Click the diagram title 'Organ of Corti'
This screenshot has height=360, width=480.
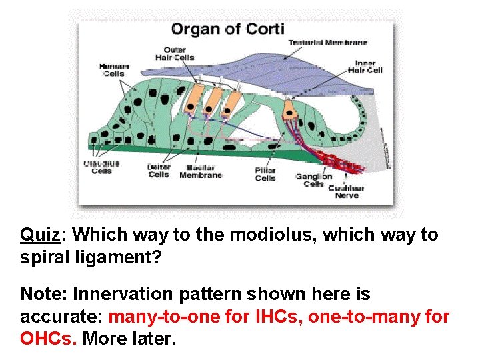point(227,29)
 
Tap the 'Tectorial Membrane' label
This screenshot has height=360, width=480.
point(327,43)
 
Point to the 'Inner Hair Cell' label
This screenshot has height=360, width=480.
point(368,67)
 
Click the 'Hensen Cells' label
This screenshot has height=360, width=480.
point(113,70)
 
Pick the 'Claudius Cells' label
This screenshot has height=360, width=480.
point(101,167)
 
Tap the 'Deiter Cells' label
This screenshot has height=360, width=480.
point(159,171)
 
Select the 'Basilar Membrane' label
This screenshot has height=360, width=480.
point(201,171)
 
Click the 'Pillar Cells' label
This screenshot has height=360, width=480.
point(265,175)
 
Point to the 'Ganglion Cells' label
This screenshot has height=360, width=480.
point(314,180)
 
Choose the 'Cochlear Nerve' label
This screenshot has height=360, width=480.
point(347,191)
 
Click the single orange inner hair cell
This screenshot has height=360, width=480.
point(290,109)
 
